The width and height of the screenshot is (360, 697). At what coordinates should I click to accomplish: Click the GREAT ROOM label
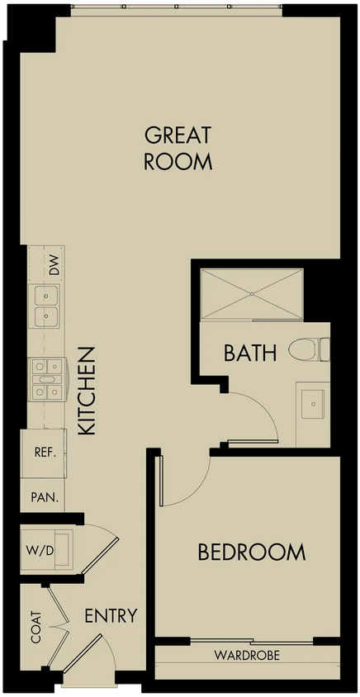click(178, 149)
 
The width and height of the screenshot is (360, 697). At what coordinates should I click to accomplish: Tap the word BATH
click(250, 353)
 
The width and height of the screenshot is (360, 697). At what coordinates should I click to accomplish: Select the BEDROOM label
click(252, 552)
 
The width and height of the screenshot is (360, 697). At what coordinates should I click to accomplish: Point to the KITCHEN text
click(87, 391)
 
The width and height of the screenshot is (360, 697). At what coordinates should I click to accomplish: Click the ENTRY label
click(111, 615)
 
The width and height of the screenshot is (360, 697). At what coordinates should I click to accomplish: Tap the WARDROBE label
click(247, 655)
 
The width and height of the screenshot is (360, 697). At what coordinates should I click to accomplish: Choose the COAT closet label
click(36, 627)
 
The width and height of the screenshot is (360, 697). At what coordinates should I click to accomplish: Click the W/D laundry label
click(40, 551)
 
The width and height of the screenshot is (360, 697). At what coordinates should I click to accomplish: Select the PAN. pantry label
click(45, 497)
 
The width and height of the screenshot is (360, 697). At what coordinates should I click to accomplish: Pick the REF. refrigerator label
click(45, 453)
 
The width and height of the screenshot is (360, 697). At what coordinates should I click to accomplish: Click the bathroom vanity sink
click(313, 404)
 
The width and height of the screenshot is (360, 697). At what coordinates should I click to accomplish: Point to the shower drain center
click(252, 294)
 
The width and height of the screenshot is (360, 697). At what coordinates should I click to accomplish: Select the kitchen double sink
click(44, 306)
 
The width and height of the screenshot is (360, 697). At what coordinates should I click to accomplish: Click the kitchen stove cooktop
click(47, 379)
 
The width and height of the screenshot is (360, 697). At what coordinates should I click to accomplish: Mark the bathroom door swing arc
click(265, 408)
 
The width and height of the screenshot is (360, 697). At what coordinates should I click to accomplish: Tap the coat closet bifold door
click(59, 627)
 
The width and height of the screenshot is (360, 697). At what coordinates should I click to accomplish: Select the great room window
click(177, 7)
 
